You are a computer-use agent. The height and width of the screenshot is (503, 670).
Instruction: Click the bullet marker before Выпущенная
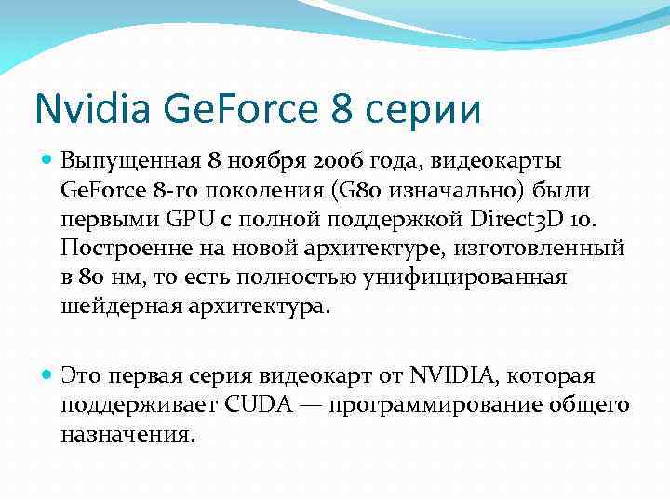pos(47,160)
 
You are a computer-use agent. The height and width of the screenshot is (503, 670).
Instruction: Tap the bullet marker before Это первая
pos(47,375)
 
